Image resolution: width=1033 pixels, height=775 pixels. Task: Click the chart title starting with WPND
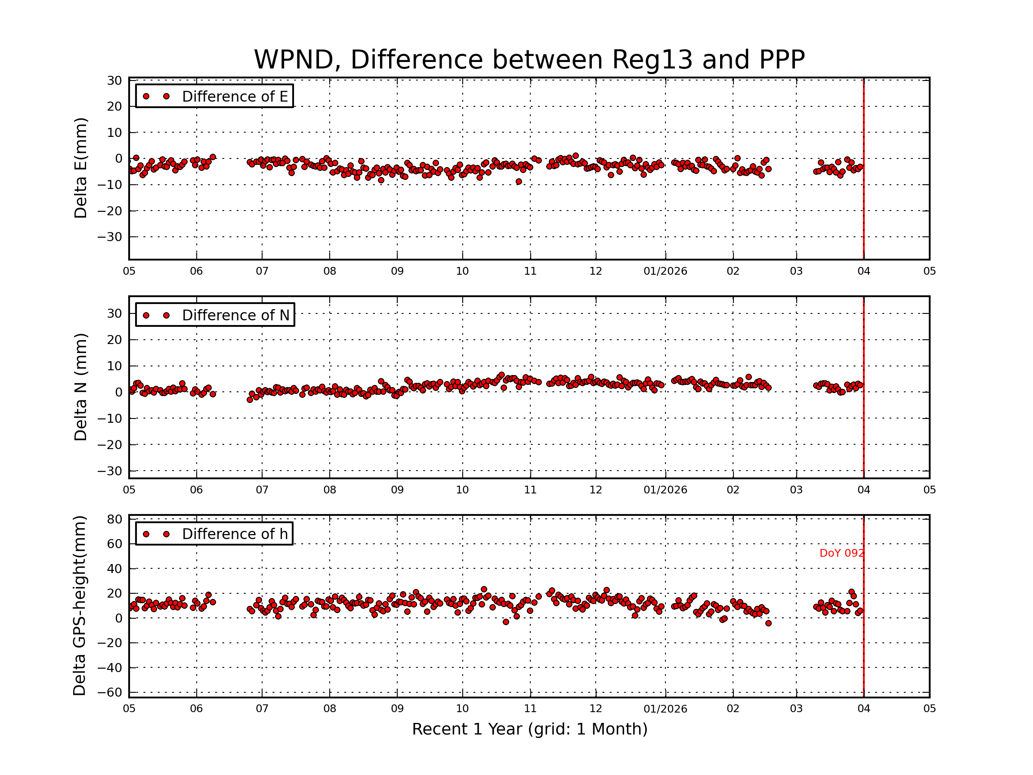pyautogui.click(x=529, y=60)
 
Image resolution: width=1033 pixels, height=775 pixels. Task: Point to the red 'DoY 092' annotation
pyautogui.click(x=841, y=553)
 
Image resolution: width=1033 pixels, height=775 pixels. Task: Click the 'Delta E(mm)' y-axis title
pyautogui.click(x=80, y=168)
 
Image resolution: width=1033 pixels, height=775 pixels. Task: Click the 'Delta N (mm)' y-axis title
pyautogui.click(x=80, y=387)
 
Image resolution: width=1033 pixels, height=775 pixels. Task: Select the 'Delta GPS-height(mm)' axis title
pyautogui.click(x=79, y=605)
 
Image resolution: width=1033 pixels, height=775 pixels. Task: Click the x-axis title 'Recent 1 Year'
pyautogui.click(x=529, y=729)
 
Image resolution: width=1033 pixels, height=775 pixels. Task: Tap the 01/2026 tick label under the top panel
pyautogui.click(x=665, y=271)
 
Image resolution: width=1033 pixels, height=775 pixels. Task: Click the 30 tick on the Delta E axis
pyautogui.click(x=115, y=81)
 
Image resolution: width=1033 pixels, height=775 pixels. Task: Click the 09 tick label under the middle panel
pyautogui.click(x=397, y=490)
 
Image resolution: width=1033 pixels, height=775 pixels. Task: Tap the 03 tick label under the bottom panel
pyautogui.click(x=796, y=709)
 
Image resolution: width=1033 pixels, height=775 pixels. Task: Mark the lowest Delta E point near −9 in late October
pyautogui.click(x=519, y=182)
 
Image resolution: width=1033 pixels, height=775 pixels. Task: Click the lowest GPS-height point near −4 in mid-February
pyautogui.click(x=769, y=623)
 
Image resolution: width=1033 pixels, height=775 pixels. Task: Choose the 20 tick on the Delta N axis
pyautogui.click(x=115, y=340)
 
